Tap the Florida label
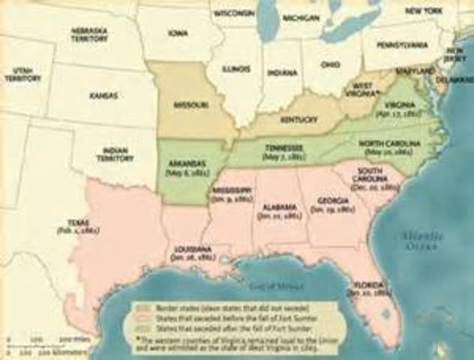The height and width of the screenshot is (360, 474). point(372,286)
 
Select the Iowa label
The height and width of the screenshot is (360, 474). point(178,34)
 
